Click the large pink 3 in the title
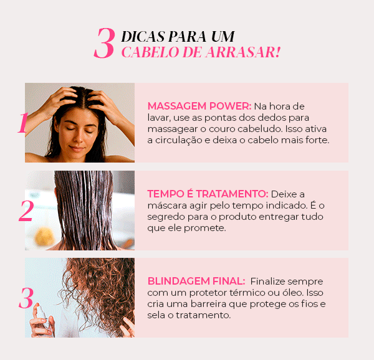click(105, 43)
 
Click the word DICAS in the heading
click(143, 37)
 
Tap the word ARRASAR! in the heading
click(243, 52)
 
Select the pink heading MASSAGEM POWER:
click(199, 106)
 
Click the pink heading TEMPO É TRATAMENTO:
click(208, 194)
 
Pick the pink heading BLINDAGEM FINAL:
click(196, 281)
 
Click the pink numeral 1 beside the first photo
click(23, 123)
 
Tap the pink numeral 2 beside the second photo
click(26, 211)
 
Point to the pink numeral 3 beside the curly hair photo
click(26, 298)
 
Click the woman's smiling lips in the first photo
click(77, 149)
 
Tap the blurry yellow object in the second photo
click(44, 237)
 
